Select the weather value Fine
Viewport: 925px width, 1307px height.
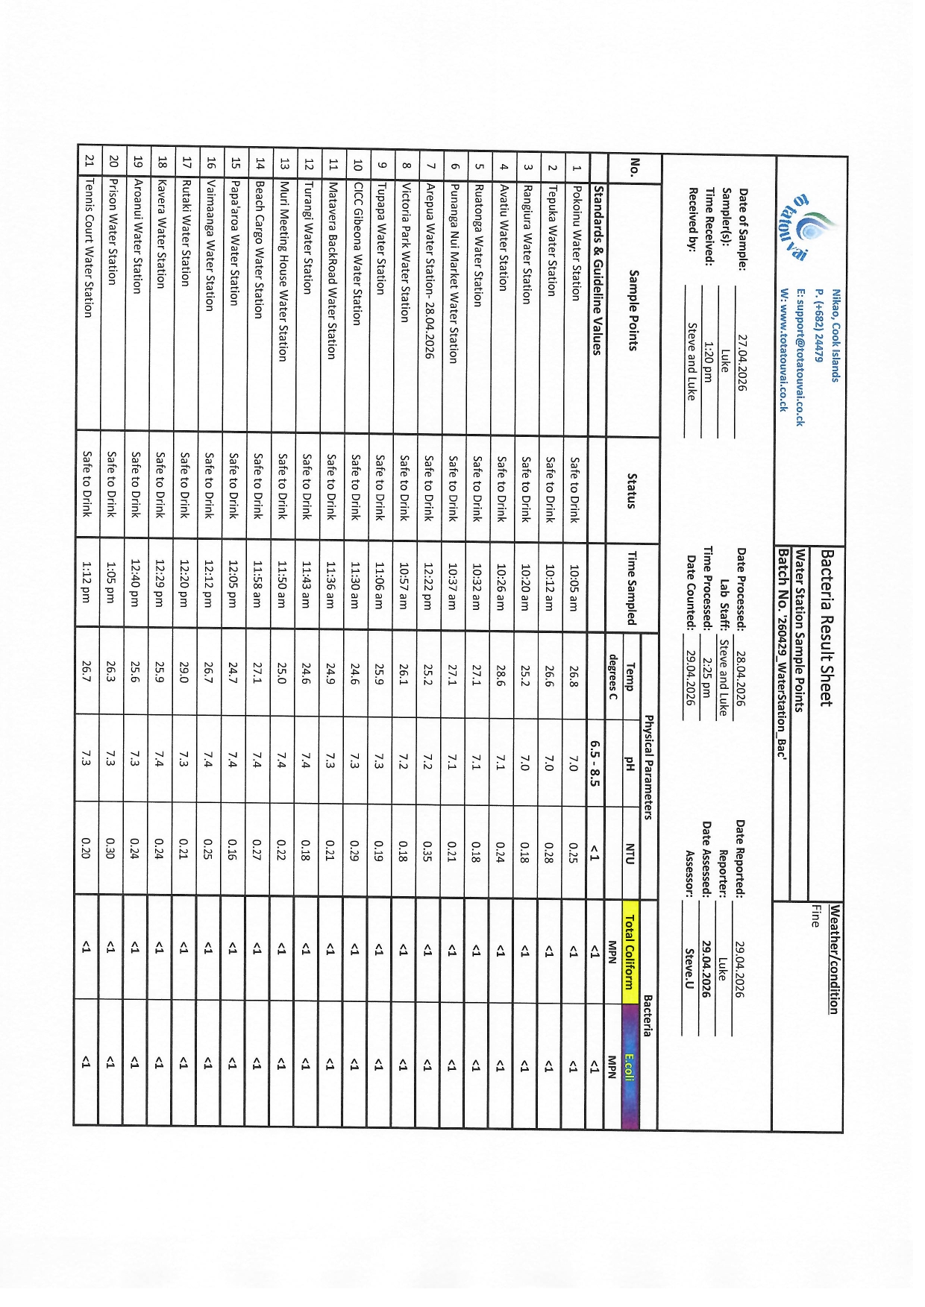815,915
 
